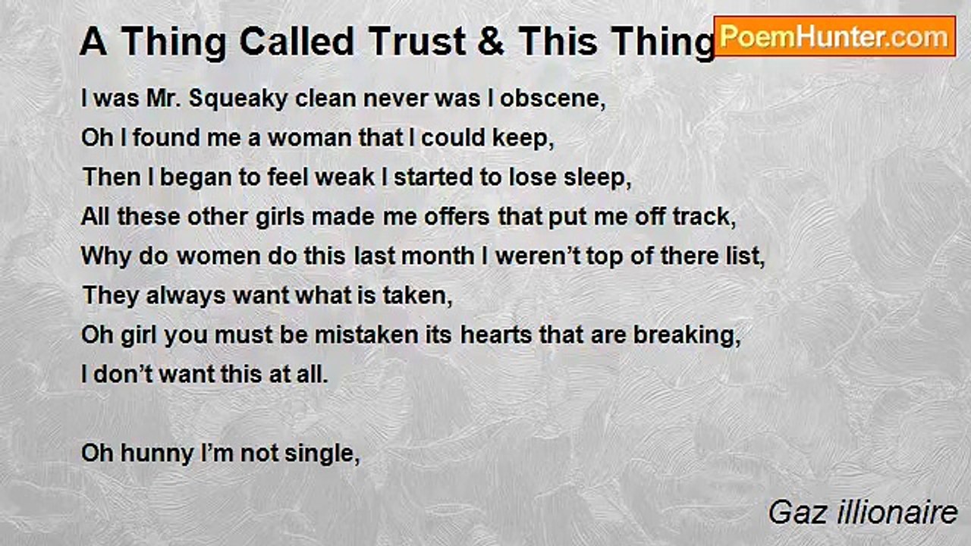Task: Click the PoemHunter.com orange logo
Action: click(x=834, y=36)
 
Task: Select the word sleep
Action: click(x=599, y=177)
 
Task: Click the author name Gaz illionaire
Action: click(x=863, y=513)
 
